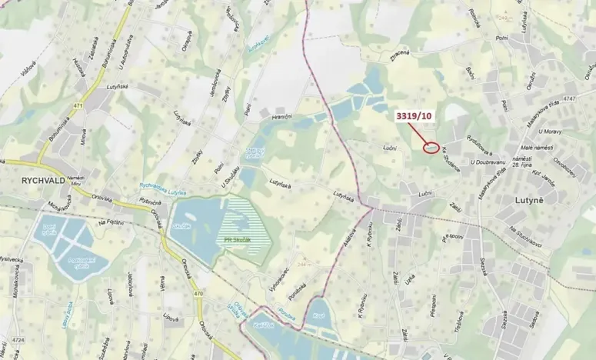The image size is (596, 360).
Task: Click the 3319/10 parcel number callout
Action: pos(415,116)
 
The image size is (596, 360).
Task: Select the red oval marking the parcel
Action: pos(431,145)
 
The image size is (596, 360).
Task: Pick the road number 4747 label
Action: pos(568,98)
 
